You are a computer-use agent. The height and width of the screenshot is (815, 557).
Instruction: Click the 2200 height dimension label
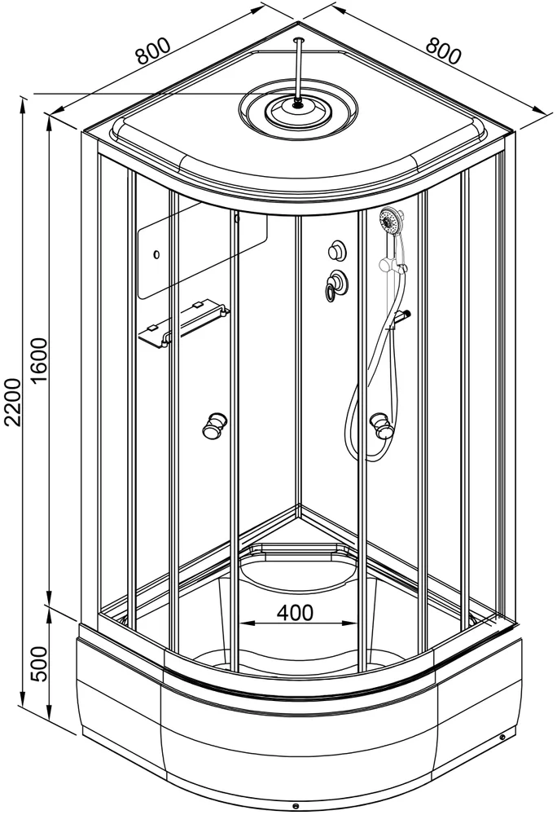pyautogui.click(x=11, y=403)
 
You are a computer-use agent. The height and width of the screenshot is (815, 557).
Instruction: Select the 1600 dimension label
pyautogui.click(x=38, y=359)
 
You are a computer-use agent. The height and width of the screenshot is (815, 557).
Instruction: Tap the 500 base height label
pyautogui.click(x=39, y=664)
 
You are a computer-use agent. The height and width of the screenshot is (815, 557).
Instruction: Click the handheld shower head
pyautogui.click(x=390, y=222)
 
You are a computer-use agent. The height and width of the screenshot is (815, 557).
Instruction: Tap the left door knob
pyautogui.click(x=214, y=425)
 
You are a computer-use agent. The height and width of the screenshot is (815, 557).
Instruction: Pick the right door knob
pyautogui.click(x=383, y=425)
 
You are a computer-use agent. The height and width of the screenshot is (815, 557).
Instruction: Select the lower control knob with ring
pyautogui.click(x=336, y=284)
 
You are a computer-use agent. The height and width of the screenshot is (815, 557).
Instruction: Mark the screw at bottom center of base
pyautogui.click(x=296, y=806)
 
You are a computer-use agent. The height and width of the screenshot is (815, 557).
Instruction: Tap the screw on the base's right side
pyautogui.click(x=502, y=737)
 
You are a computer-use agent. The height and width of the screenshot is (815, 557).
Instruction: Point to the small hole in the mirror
pyautogui.click(x=156, y=254)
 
